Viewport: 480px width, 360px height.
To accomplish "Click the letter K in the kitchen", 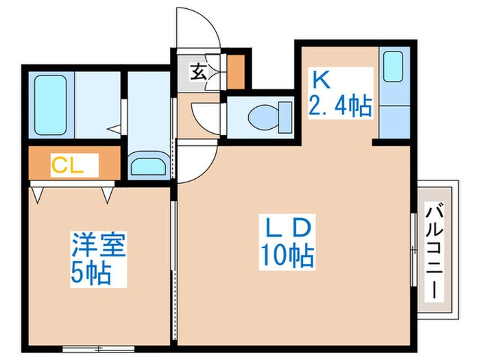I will [x=322, y=79].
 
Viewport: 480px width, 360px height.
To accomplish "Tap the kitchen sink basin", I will [x=393, y=67].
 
